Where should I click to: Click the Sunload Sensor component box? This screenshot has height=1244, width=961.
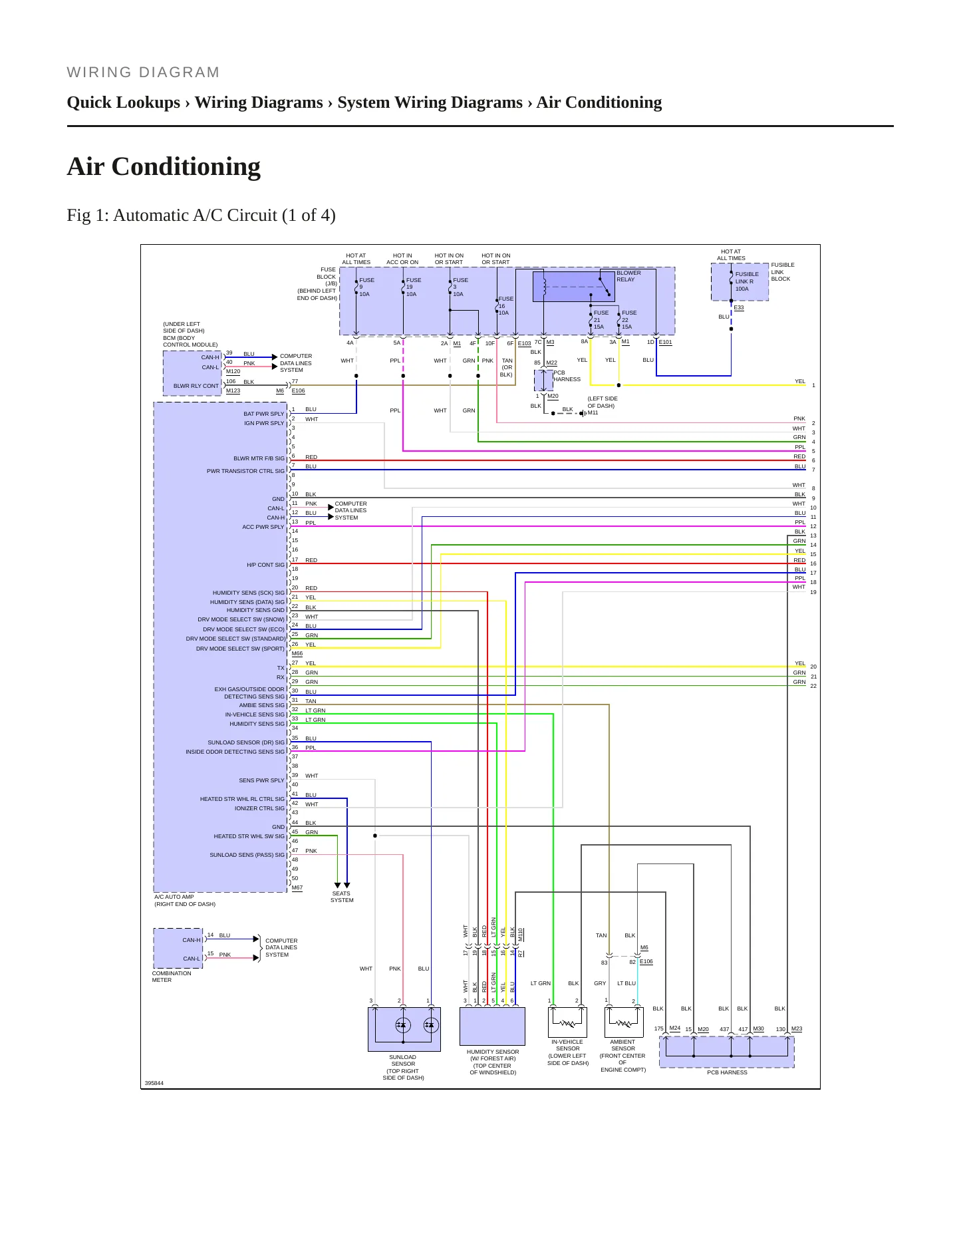(x=404, y=1029)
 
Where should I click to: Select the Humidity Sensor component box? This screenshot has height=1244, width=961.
(x=492, y=1026)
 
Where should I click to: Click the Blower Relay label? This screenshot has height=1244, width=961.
(x=628, y=276)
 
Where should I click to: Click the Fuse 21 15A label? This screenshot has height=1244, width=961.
(x=601, y=320)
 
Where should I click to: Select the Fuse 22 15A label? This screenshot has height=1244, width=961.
(x=628, y=320)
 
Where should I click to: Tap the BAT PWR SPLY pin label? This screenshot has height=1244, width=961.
(x=264, y=414)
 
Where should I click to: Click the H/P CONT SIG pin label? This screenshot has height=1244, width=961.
(x=265, y=565)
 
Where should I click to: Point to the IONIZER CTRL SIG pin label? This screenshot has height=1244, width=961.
(x=259, y=808)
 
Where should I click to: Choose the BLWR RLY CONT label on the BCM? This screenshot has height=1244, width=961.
(x=196, y=386)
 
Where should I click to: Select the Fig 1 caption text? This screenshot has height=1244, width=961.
(x=201, y=216)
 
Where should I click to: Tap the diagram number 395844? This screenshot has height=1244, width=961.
(x=154, y=1083)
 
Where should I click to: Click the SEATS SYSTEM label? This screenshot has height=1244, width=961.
(x=342, y=897)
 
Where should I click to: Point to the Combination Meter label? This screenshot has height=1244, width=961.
(x=172, y=977)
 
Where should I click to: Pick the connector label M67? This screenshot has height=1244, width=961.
(x=297, y=887)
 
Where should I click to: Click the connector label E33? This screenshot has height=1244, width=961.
(x=739, y=307)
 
